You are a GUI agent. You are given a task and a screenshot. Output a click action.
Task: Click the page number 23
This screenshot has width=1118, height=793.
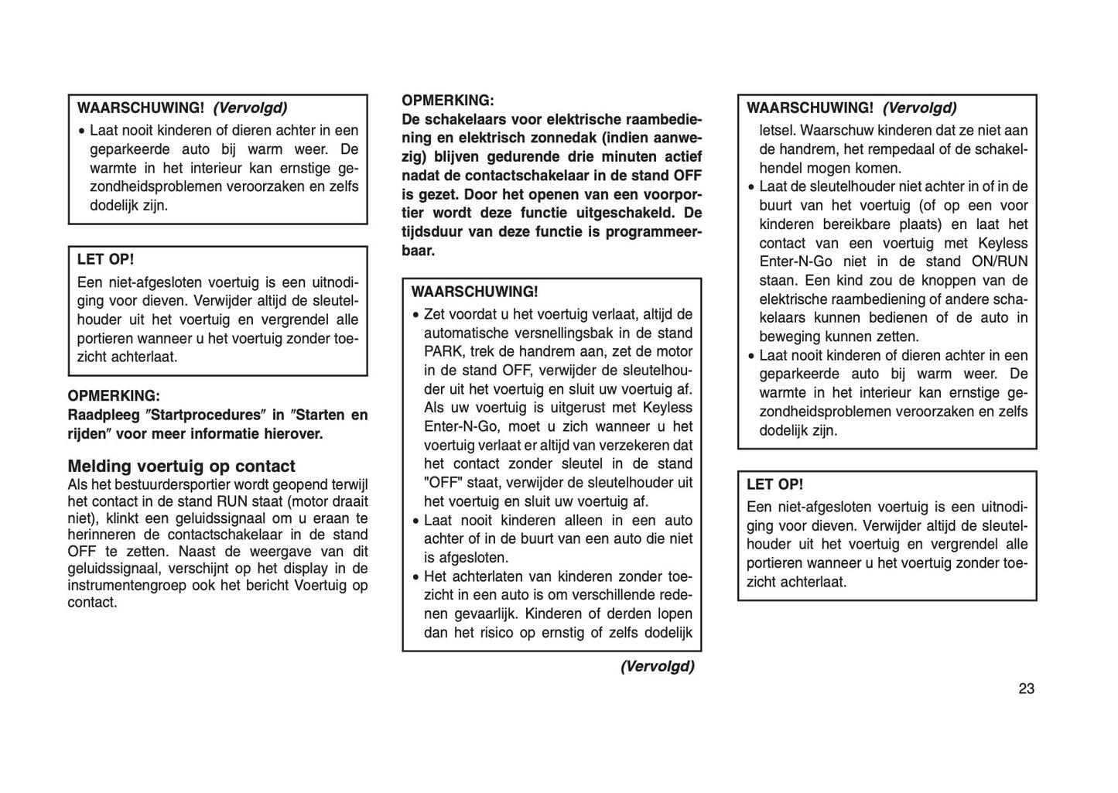(1026, 689)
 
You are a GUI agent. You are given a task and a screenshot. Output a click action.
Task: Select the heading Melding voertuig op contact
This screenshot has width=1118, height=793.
(181, 467)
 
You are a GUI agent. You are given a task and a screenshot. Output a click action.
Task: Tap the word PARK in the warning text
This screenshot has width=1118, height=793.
(442, 352)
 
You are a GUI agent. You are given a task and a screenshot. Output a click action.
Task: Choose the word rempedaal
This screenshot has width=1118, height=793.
(913, 149)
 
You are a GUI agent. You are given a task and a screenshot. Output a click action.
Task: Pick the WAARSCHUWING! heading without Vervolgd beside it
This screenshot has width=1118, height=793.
(474, 292)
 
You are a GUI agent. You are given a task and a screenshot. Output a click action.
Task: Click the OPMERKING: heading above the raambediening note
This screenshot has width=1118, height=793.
(447, 101)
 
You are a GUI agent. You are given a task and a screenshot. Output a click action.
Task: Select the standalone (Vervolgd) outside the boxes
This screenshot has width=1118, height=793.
(657, 666)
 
